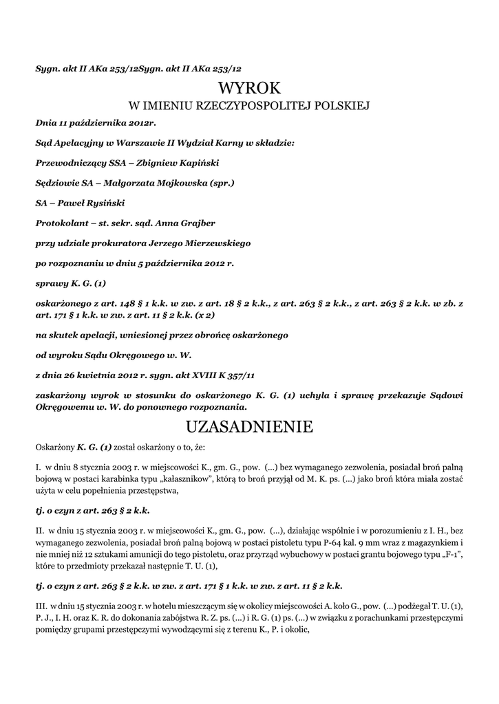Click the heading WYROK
pyautogui.click(x=249, y=88)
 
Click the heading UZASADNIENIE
pyautogui.click(x=249, y=427)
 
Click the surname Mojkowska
pyautogui.click(x=178, y=184)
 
